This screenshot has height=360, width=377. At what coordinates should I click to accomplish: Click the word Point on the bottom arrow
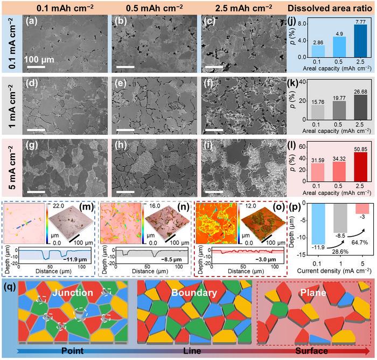point(75,350)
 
